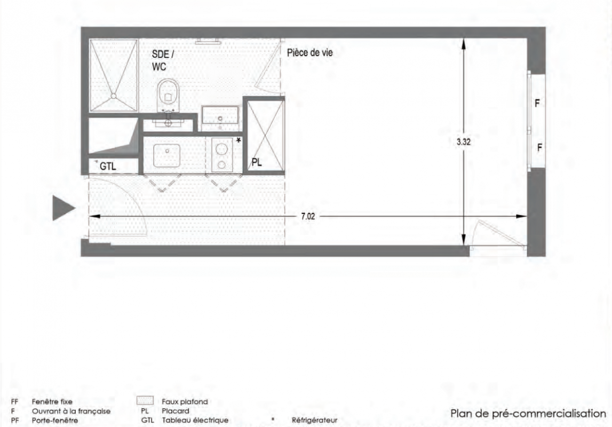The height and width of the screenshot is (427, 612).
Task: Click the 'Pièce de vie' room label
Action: [310, 53]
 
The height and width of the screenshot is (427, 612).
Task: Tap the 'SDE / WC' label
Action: [163, 60]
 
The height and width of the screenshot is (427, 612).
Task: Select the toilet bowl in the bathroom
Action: [168, 95]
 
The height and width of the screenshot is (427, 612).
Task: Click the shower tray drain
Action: [113, 96]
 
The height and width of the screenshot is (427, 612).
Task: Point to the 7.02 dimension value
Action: [308, 216]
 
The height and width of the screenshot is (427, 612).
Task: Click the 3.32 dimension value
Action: [464, 142]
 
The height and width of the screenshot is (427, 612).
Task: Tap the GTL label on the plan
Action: [108, 167]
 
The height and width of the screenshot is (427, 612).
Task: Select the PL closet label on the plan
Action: [257, 162]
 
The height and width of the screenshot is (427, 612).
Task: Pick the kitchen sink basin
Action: [166, 156]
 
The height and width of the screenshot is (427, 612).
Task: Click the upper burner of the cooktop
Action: [221, 149]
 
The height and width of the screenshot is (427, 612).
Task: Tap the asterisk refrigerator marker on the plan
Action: [239, 140]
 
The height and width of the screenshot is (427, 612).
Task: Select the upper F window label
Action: [537, 104]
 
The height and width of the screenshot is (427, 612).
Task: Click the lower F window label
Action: [540, 147]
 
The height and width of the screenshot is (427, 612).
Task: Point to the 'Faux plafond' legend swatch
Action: [145, 401]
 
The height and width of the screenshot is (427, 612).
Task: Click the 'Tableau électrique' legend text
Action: [195, 421]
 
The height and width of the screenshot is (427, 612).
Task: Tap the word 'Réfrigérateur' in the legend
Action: [315, 421]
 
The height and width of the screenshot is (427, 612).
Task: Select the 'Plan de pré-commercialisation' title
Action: [528, 414]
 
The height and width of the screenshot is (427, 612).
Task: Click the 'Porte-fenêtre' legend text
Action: [54, 421]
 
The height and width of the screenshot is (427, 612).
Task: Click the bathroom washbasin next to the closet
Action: [220, 115]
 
